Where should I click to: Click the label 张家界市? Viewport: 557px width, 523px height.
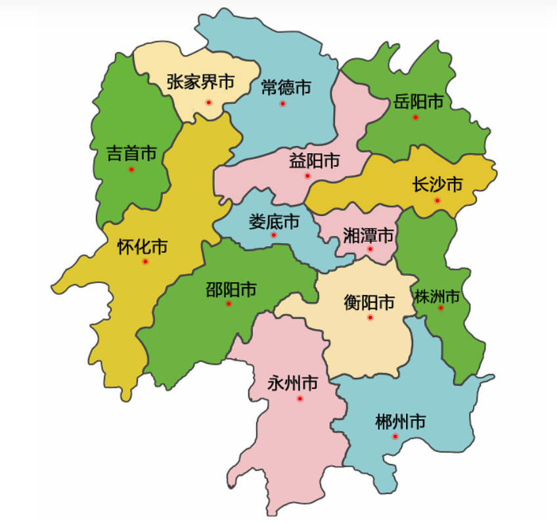point(201,82)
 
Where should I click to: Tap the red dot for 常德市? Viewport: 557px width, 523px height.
point(282,104)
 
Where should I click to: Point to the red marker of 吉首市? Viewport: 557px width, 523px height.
point(131,170)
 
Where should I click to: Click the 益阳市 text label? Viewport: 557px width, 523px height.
point(315,160)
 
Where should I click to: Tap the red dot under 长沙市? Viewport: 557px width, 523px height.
point(437,200)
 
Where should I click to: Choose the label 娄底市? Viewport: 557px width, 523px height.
point(274,221)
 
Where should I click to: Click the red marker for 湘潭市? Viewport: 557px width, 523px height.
point(370,249)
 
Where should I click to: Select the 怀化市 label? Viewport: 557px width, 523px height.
point(143,247)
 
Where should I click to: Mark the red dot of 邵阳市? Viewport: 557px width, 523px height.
point(229,304)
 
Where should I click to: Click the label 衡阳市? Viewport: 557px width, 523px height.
point(370,302)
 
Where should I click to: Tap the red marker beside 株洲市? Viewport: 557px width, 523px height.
point(441,307)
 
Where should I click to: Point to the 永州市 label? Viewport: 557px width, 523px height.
point(293,383)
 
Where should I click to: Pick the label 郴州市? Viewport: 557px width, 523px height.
point(400,421)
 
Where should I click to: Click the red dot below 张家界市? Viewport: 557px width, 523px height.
point(208,102)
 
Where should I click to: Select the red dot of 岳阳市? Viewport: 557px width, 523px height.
point(415,117)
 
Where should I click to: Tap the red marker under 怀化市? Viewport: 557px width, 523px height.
point(145,261)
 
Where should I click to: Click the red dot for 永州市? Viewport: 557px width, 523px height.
point(300,398)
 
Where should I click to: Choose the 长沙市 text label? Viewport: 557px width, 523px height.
point(437,185)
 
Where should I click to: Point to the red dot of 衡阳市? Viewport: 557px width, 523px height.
point(370,317)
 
